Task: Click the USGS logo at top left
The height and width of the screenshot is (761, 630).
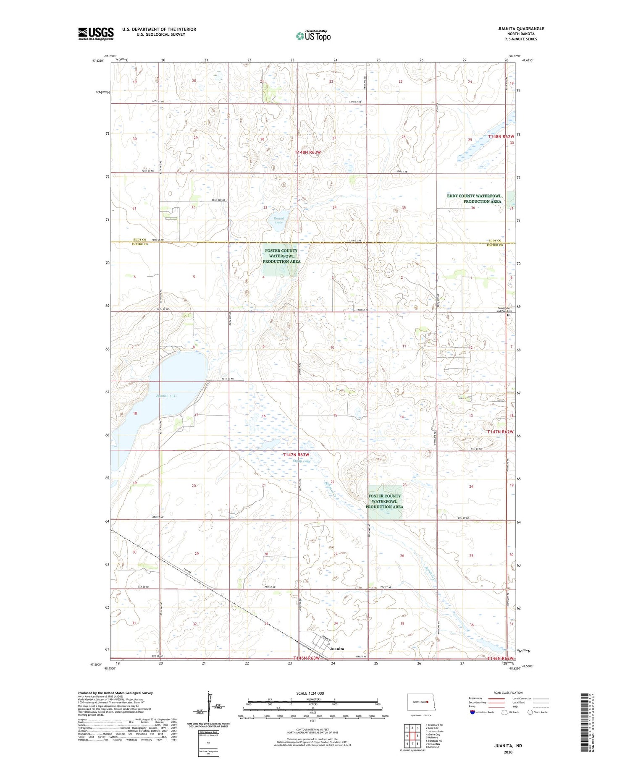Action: click(96, 34)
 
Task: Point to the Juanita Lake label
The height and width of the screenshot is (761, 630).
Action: click(166, 396)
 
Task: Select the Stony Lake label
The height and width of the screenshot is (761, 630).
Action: click(302, 461)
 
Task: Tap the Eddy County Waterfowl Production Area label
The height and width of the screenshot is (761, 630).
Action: click(474, 199)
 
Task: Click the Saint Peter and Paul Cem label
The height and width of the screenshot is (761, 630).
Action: click(504, 310)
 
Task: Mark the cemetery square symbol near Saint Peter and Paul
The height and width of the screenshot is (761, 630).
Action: click(508, 315)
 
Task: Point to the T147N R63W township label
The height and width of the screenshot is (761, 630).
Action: click(296, 455)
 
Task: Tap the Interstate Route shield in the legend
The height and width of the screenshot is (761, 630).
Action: click(473, 712)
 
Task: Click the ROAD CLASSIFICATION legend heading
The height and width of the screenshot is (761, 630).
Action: click(508, 693)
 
